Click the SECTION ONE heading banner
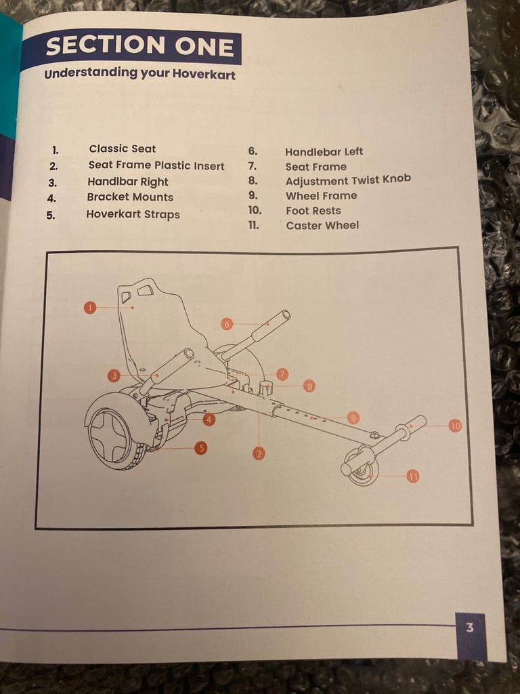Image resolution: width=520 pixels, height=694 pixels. coord(139,47)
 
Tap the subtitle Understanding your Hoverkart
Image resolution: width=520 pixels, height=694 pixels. coord(139,74)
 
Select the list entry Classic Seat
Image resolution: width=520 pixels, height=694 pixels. coord(122,149)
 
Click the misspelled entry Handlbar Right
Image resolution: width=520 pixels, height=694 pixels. coord(127,182)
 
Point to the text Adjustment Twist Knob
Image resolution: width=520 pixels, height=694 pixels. coord(347,181)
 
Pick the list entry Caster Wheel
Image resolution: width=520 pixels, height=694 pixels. coord(322,225)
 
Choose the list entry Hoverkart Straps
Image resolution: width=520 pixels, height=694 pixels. coord(133,214)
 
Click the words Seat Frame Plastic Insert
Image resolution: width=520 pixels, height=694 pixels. coord(156,165)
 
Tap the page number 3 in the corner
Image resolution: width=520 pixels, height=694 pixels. coord(470,628)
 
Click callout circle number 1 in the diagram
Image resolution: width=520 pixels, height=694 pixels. coord(90,308)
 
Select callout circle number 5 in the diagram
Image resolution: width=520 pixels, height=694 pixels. coord(200,447)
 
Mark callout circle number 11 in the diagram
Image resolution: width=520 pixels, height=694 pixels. coord(413,476)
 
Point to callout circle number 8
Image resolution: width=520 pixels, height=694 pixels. coord(309,386)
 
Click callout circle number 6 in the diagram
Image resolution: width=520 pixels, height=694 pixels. coord(227,324)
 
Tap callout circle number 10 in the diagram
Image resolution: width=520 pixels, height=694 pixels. coord(455,426)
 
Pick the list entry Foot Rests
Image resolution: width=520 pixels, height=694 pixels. coord(313,211)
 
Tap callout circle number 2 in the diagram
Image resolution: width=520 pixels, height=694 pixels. coord(259,453)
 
